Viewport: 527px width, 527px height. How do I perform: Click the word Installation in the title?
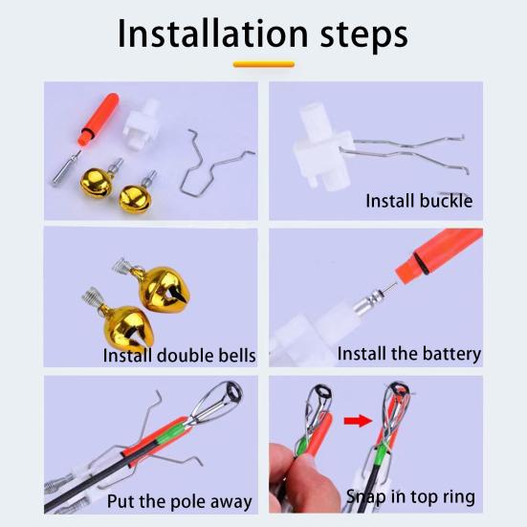(212, 33)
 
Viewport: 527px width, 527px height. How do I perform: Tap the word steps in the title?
(364, 35)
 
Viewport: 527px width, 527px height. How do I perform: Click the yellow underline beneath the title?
(264, 64)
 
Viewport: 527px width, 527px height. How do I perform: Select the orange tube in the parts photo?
(99, 119)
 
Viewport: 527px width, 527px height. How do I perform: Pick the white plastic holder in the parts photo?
(142, 124)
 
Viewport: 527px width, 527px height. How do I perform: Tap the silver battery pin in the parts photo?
(66, 168)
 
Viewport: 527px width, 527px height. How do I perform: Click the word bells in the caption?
(237, 355)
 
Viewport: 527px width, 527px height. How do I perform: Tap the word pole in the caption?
(187, 502)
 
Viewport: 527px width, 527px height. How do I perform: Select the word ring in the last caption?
(459, 497)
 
